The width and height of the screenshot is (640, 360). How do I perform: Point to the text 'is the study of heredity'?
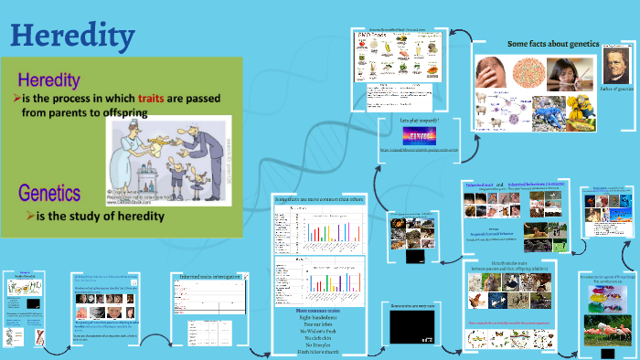click(x=101, y=216)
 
